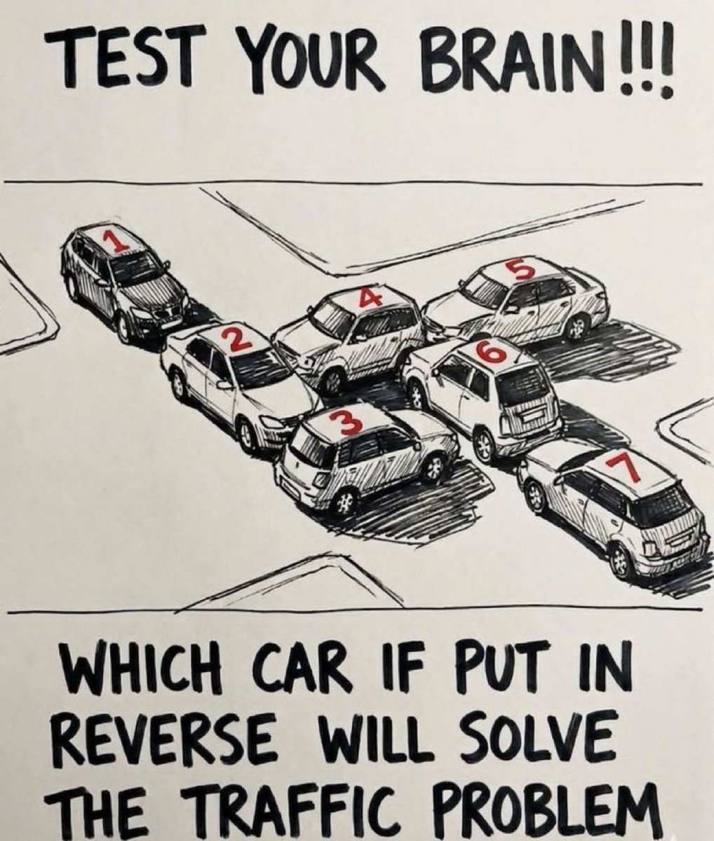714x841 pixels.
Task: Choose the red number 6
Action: point(492,350)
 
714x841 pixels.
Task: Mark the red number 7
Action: point(622,469)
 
